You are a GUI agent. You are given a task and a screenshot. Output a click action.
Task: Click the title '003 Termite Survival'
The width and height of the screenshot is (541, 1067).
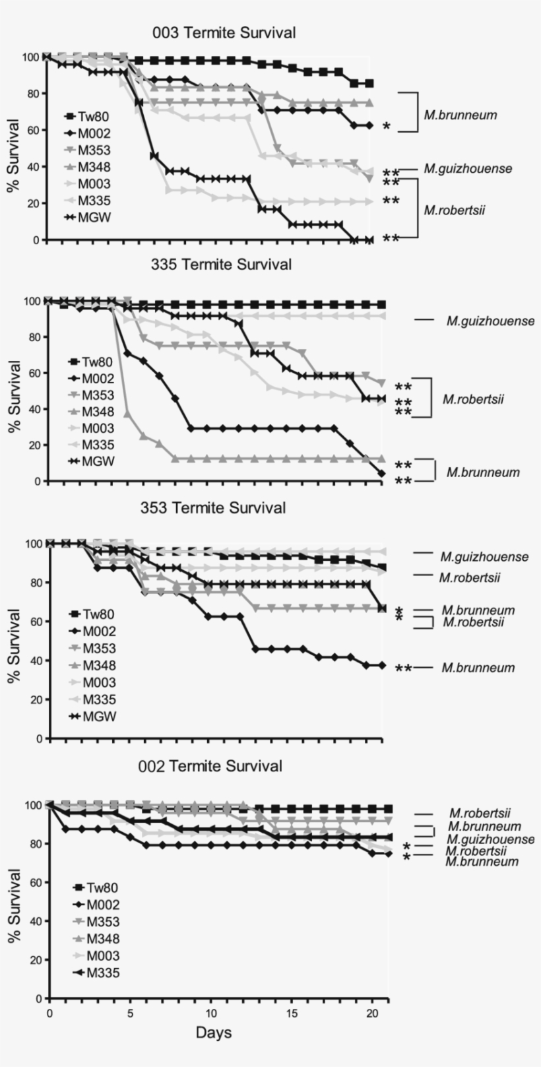pos(224,32)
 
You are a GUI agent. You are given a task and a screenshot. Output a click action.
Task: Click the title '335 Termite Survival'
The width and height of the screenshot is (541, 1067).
pos(221,265)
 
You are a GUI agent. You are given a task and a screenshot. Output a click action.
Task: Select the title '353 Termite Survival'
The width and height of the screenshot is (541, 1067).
pos(213,507)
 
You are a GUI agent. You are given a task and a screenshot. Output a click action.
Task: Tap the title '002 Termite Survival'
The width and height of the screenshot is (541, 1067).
pos(210,766)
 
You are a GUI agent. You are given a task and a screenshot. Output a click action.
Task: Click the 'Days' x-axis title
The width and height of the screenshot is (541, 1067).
pos(213,1033)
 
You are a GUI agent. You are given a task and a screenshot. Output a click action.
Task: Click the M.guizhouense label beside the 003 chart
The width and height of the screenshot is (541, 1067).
pos(468,169)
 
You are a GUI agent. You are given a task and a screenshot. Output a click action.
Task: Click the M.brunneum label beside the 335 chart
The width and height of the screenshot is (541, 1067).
pos(483,472)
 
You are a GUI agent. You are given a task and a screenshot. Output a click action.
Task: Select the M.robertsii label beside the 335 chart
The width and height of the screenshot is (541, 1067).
pos(473,399)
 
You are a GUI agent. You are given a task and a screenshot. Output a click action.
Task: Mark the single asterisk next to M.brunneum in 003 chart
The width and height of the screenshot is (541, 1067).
pos(387,127)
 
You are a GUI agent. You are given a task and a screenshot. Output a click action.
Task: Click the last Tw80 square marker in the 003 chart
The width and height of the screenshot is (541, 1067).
pos(370,84)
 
